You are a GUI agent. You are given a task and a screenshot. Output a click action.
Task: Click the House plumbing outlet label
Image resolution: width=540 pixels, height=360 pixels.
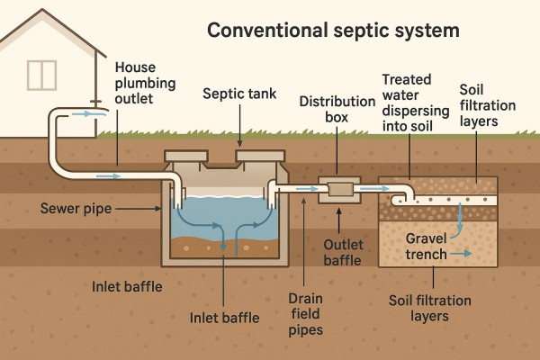pos(146,82)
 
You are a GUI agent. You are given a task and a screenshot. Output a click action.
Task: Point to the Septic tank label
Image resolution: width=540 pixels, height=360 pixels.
pos(239,93)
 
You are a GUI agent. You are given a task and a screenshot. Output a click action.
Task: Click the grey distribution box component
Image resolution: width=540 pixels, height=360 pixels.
pos(340,189)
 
